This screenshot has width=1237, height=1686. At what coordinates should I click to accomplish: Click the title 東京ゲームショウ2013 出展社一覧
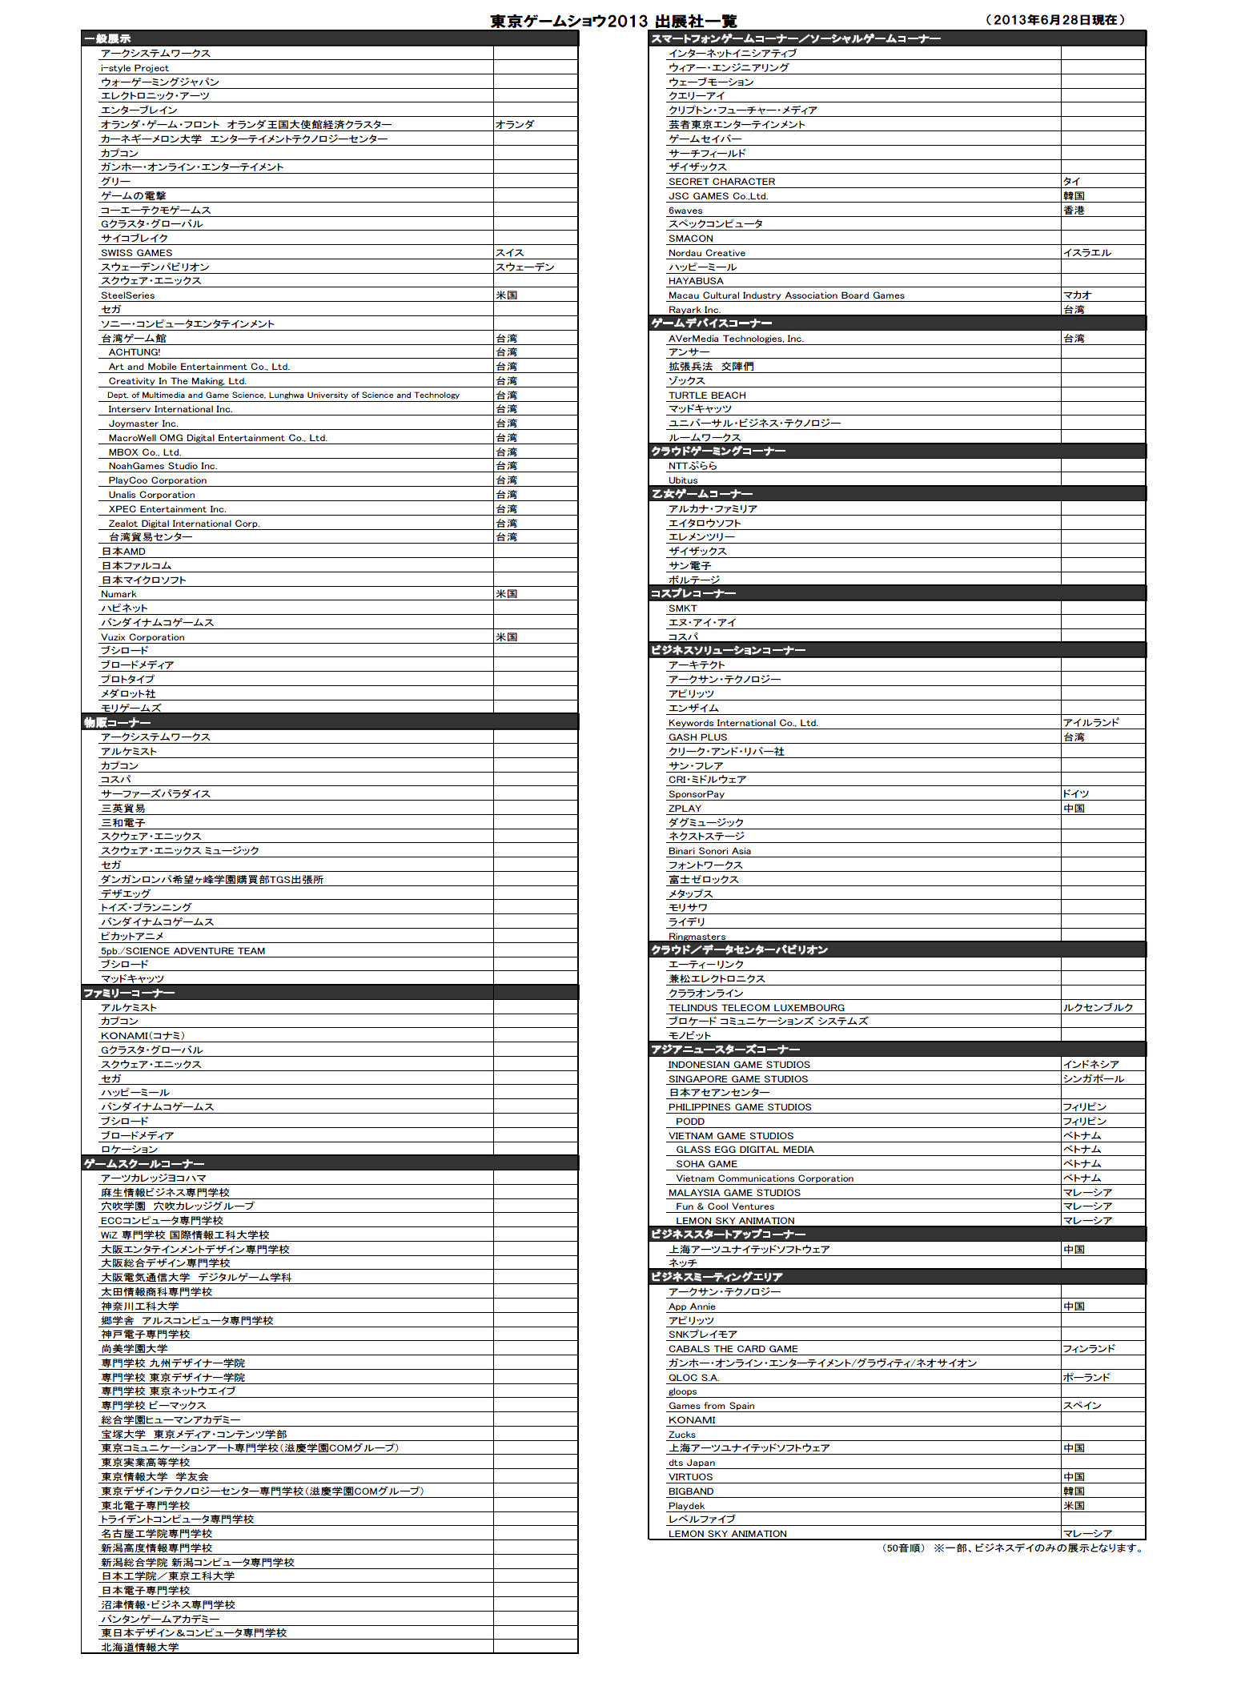613,21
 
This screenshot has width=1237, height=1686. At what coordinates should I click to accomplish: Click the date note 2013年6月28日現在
1054,20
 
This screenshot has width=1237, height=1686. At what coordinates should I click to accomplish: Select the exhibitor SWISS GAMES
136,253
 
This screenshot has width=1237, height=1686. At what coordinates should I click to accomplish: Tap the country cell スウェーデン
524,267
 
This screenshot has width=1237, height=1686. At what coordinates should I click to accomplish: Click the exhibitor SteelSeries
128,295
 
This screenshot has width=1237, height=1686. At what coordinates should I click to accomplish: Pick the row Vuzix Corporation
143,637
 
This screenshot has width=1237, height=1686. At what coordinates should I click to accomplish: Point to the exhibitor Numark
118,594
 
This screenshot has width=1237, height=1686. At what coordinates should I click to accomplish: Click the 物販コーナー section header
117,723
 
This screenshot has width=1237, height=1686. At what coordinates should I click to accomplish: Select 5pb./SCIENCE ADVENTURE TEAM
183,951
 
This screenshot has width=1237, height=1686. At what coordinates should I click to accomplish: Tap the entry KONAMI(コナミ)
143,1036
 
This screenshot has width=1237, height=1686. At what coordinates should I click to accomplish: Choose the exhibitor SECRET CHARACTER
721,182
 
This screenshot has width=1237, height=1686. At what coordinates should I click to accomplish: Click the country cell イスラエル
1086,253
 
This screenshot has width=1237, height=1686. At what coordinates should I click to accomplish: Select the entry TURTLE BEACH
707,395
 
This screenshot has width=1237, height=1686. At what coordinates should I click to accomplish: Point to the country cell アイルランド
1090,723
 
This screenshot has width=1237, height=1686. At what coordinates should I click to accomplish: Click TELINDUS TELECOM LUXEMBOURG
756,1008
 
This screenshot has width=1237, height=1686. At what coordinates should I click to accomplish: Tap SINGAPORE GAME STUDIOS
737,1079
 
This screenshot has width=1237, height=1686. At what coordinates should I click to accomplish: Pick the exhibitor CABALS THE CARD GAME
733,1349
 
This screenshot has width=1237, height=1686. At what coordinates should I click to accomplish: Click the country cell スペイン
1082,1406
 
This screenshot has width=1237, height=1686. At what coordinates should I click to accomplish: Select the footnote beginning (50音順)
1012,1548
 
